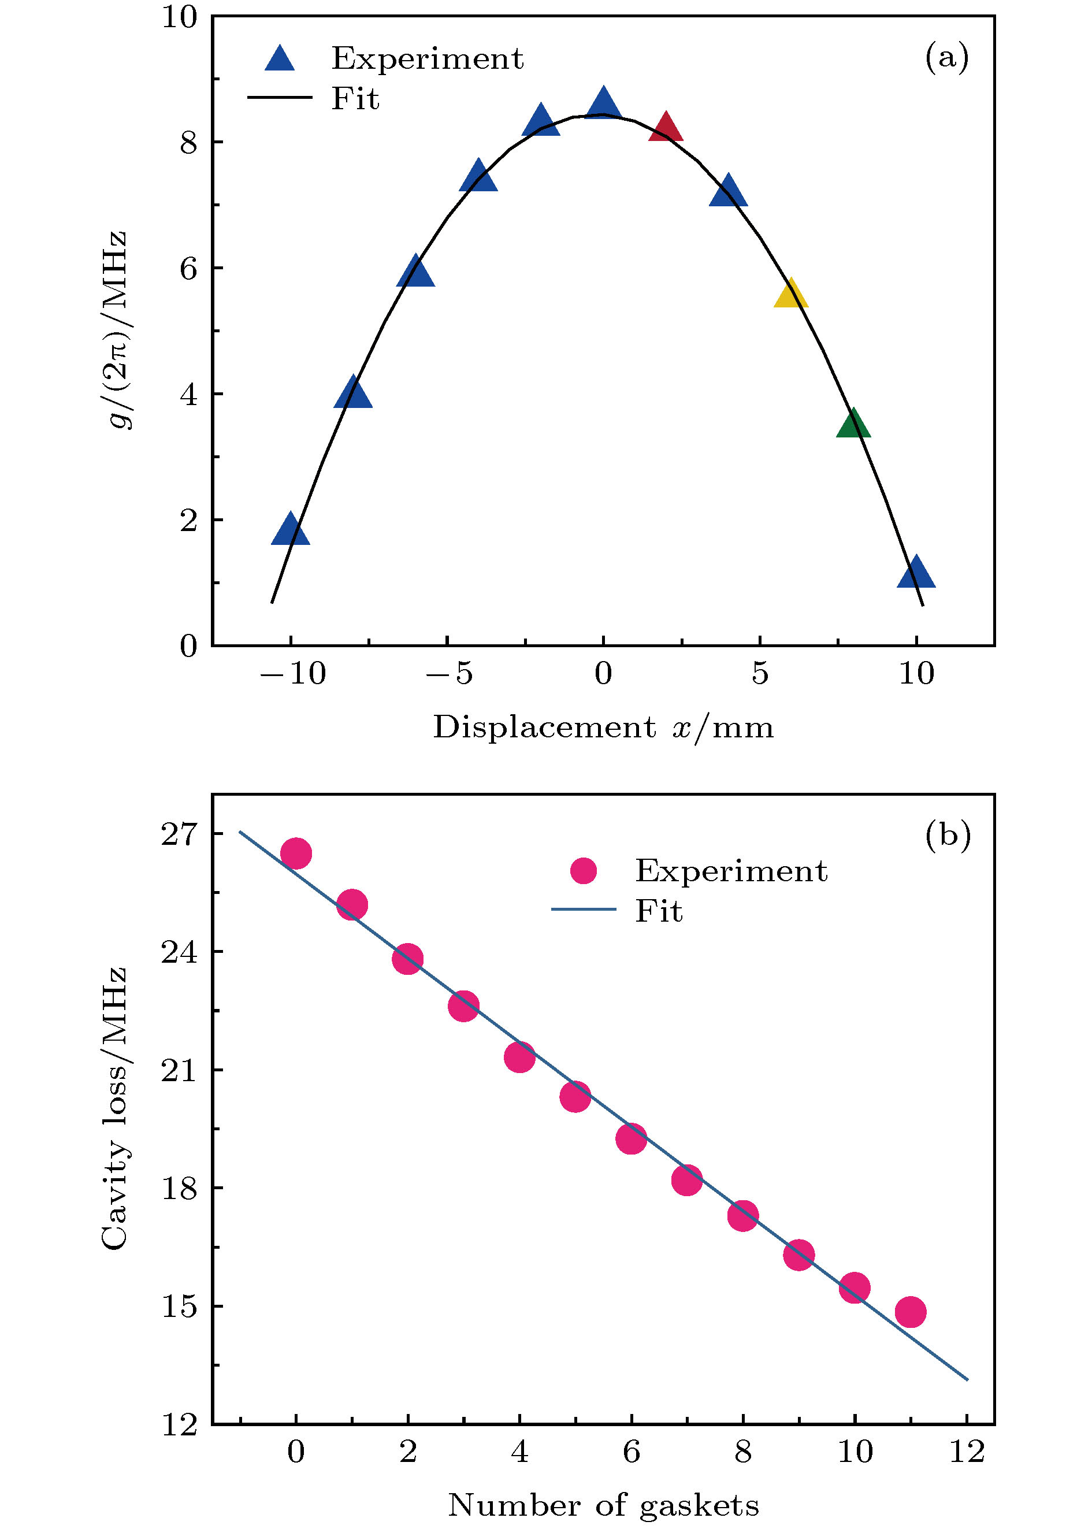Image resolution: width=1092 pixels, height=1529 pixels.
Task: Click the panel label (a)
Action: pos(947,58)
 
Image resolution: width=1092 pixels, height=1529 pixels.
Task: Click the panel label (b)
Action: pos(948,836)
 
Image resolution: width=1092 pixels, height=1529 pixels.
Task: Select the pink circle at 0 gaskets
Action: pos(296,853)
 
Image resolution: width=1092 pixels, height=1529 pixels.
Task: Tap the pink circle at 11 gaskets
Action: pos(911,1311)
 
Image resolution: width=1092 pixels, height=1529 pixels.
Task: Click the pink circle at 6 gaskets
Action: pos(632,1138)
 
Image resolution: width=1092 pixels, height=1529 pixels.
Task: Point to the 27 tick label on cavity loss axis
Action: pos(180,834)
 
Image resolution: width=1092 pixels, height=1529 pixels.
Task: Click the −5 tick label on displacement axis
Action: pos(448,674)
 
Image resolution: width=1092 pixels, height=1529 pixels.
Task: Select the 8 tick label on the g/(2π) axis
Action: pos(189,143)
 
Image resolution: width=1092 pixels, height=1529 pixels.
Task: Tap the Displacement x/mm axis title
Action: pos(603,728)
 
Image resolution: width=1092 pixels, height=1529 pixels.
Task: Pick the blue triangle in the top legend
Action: pos(280,59)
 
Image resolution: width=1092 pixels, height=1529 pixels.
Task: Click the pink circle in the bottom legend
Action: pos(583,871)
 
